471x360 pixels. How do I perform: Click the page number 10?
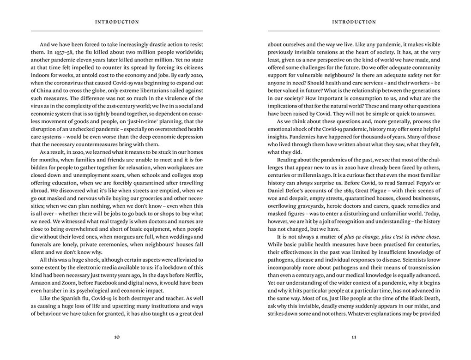point(117,337)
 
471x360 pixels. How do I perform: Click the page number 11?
point(354,337)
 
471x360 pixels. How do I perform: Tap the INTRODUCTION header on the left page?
point(117,22)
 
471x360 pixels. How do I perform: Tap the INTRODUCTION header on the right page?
point(354,22)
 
